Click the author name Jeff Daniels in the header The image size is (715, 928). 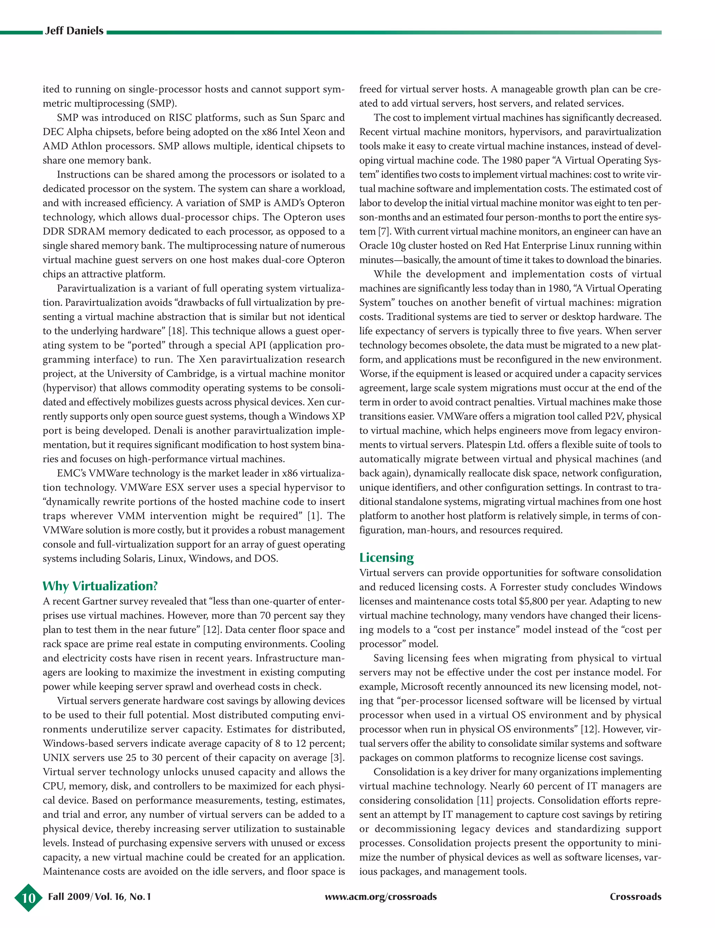coord(74,31)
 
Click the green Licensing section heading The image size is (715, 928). coord(386,557)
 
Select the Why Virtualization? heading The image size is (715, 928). coord(100,586)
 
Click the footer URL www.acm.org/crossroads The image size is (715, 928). coord(381,897)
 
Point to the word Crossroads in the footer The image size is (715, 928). coord(635,897)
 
